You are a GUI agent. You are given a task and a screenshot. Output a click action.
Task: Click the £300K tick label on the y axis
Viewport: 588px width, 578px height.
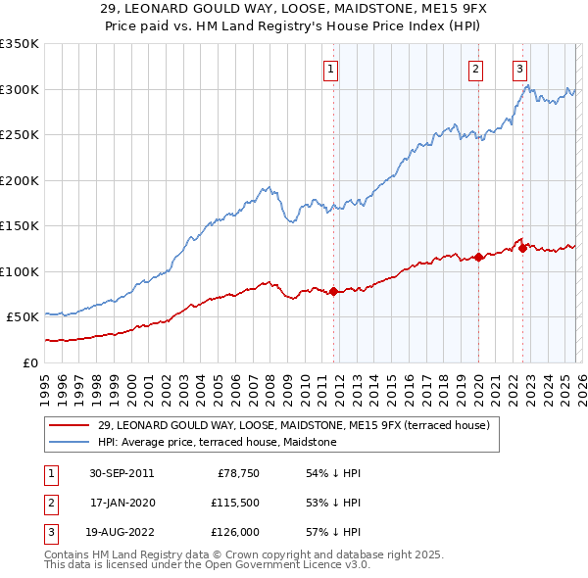20,89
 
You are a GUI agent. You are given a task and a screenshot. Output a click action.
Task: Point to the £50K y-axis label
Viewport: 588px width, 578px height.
23,317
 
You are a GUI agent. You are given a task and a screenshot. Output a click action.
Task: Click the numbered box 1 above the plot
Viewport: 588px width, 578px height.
331,70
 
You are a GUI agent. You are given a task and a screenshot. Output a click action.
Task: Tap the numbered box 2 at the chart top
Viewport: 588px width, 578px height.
475,70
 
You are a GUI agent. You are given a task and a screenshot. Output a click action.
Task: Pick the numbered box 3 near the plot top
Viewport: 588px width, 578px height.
519,70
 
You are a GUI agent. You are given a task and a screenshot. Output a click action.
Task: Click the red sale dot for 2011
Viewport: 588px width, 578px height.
334,291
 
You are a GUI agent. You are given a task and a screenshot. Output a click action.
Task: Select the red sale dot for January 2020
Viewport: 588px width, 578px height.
478,258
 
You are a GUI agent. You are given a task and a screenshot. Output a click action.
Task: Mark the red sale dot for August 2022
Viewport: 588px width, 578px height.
523,248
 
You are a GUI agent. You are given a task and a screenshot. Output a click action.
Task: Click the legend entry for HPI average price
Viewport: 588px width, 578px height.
217,443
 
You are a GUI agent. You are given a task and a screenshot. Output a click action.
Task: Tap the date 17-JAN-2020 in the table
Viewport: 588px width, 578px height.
122,503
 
